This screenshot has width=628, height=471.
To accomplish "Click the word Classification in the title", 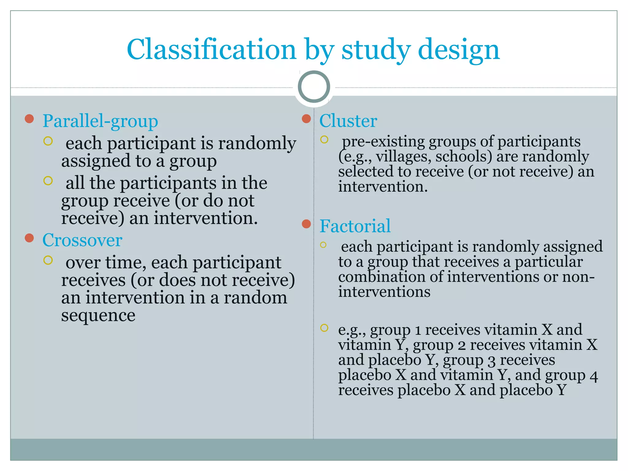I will tap(211, 50).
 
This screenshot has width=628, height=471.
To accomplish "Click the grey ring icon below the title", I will tap(314, 86).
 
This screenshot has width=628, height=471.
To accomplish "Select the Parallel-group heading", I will tap(100, 121).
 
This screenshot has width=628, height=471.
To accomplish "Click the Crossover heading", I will tap(82, 240).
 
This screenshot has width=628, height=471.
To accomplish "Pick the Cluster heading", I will tap(348, 121).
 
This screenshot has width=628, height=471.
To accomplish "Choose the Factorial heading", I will tap(355, 226).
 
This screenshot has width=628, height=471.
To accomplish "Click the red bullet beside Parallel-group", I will tap(29, 119).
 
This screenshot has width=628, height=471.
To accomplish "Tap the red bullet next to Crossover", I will tap(29, 238).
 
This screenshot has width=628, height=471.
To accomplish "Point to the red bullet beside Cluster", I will tap(306, 119).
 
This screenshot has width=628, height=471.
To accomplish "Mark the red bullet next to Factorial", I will tap(306, 224).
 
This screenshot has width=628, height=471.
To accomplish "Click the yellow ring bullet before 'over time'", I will tap(48, 260).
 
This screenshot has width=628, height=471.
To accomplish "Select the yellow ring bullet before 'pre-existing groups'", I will tap(324, 140).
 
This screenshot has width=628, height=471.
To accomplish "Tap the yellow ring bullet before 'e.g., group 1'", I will tap(324, 328).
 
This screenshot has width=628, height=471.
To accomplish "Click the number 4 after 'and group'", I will tap(594, 376).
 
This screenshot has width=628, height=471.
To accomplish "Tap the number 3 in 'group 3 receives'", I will tap(491, 361).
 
